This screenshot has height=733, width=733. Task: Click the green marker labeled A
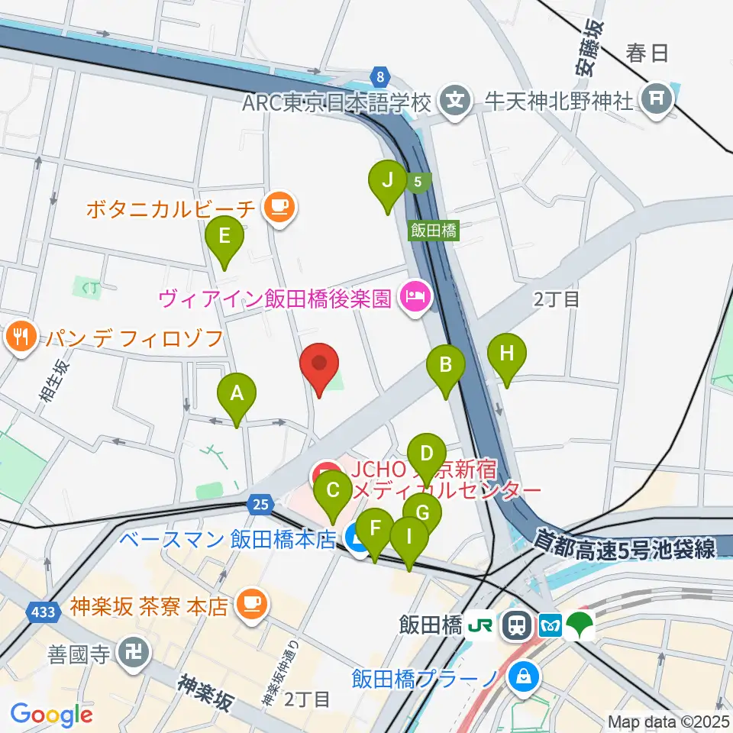pos(237,396)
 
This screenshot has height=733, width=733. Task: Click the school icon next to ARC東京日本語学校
pos(456,101)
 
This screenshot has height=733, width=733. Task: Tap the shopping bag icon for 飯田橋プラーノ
pos(524,676)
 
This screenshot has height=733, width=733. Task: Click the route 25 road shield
pos(260,503)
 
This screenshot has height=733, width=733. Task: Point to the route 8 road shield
pos(379,76)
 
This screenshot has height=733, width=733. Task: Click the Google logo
pos(51,715)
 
